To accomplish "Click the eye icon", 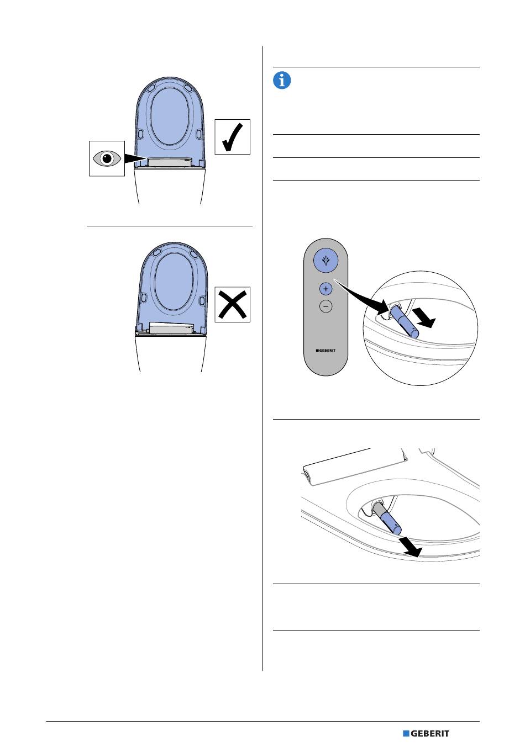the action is (107, 158).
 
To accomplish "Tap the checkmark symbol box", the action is (233, 137).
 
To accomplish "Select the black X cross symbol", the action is (233, 304).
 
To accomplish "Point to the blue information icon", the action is (282, 81).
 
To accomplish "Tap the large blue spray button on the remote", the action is (326, 262).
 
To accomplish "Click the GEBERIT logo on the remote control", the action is (326, 349).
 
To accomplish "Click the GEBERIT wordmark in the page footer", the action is (430, 734).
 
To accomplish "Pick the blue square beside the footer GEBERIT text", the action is (406, 734).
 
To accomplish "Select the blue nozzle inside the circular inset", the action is (405, 323).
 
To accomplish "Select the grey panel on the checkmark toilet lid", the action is (170, 162).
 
